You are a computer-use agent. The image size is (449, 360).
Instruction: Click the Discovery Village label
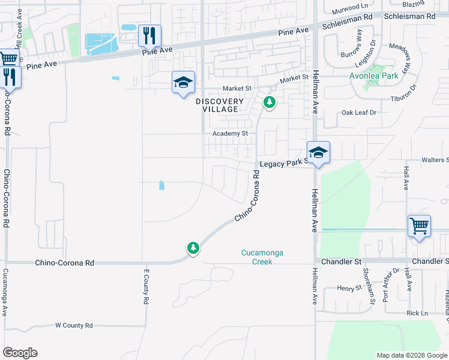click(x=220, y=106)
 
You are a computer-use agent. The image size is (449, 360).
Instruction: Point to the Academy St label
click(x=230, y=133)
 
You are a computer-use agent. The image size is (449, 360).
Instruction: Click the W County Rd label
click(x=74, y=325)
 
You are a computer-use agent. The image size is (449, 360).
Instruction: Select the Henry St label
click(x=347, y=289)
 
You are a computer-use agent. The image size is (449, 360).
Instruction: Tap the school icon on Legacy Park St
click(x=319, y=152)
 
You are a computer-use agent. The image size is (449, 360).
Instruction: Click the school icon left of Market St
click(x=183, y=82)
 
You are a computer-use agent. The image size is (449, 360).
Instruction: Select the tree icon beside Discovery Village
click(x=270, y=103)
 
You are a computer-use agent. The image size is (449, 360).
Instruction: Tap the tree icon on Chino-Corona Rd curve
click(x=193, y=248)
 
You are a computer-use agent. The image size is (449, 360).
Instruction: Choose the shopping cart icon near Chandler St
click(x=419, y=227)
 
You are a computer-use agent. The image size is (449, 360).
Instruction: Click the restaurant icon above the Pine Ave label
click(x=149, y=35)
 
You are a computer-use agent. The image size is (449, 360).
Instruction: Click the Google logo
click(x=20, y=353)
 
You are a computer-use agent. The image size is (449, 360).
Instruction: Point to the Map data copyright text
click(x=411, y=355)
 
